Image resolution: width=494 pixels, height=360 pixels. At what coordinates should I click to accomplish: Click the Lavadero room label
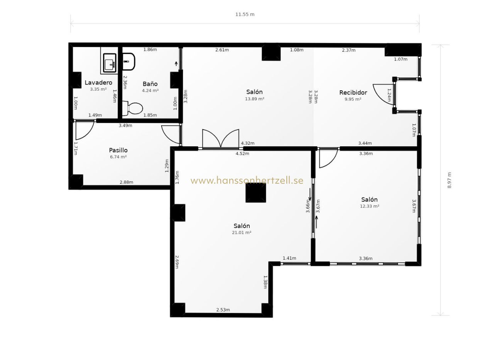coord(98,83)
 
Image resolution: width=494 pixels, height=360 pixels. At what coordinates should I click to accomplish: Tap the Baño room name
coord(150,84)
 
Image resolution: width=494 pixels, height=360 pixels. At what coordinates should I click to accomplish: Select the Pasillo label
coord(118,150)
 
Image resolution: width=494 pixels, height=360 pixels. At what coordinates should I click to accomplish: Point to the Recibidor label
coord(353,93)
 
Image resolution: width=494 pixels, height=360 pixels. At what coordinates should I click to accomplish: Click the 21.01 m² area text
coord(242,233)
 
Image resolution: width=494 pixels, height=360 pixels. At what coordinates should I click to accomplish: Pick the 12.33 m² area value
coord(370,206)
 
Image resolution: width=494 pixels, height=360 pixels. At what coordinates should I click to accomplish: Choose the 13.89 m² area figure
coord(254,99)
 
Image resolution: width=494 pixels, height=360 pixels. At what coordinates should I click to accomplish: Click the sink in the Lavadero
coord(110,63)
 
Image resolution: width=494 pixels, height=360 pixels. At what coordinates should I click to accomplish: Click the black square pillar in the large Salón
coord(255,193)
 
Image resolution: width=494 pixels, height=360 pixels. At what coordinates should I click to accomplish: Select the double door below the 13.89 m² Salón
coord(220,139)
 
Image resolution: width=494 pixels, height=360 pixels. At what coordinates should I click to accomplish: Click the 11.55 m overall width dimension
coord(245,15)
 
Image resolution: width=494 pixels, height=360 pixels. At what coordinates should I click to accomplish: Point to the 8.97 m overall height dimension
coord(449,180)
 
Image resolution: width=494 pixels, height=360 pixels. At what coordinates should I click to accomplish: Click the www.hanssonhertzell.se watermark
coord(247,181)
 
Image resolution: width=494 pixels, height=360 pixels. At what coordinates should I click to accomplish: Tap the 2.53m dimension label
coord(223,310)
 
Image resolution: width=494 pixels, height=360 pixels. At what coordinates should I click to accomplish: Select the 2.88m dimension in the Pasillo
coord(126,182)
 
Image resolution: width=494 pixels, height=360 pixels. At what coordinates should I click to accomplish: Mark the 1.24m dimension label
coord(389,95)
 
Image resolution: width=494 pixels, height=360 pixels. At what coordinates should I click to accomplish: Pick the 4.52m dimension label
coord(242,154)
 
